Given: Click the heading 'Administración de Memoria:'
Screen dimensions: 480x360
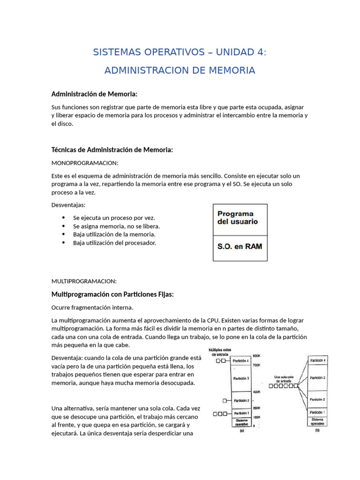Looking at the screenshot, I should point(94,94).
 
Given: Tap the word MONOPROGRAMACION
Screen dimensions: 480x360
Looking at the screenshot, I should point(85,163).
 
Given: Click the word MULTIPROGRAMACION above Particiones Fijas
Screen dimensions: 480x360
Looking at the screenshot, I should point(84,281).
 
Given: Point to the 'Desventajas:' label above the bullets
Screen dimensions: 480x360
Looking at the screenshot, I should point(68,205).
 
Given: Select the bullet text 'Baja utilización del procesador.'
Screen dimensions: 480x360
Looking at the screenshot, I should point(114,243).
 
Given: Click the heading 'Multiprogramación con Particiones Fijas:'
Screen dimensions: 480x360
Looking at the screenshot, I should point(112,294).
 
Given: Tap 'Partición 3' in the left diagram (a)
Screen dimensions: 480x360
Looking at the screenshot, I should point(241,378).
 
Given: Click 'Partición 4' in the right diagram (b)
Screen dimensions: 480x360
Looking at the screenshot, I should point(318,360).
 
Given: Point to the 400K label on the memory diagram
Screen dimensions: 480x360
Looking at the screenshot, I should point(256,391).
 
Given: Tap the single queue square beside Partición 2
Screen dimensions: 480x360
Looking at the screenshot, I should point(225,400).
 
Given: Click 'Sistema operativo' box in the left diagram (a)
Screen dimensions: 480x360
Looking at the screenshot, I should point(241,423).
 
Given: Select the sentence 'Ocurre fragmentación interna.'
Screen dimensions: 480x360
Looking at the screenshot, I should point(92,307).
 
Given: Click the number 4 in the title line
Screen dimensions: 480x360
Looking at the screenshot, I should point(260,52).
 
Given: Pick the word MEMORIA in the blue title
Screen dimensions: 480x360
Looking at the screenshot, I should point(231,70).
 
